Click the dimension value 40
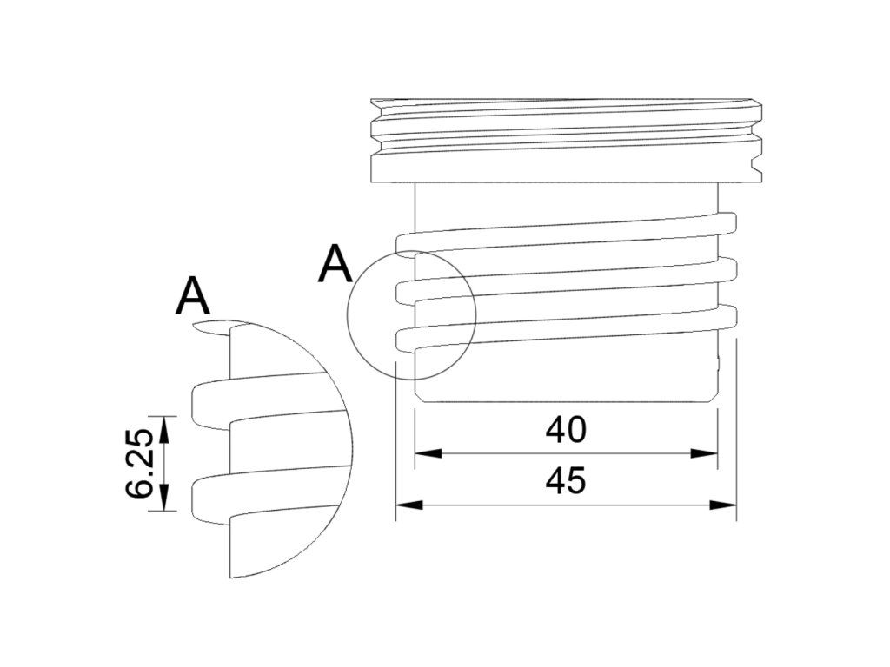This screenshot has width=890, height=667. point(565,430)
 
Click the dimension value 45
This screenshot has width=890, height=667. point(565,481)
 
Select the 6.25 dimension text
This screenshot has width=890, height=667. point(140,464)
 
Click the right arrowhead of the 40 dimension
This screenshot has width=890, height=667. point(704,453)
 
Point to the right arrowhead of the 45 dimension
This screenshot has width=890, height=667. point(723,505)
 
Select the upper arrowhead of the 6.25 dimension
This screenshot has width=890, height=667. point(164,429)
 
